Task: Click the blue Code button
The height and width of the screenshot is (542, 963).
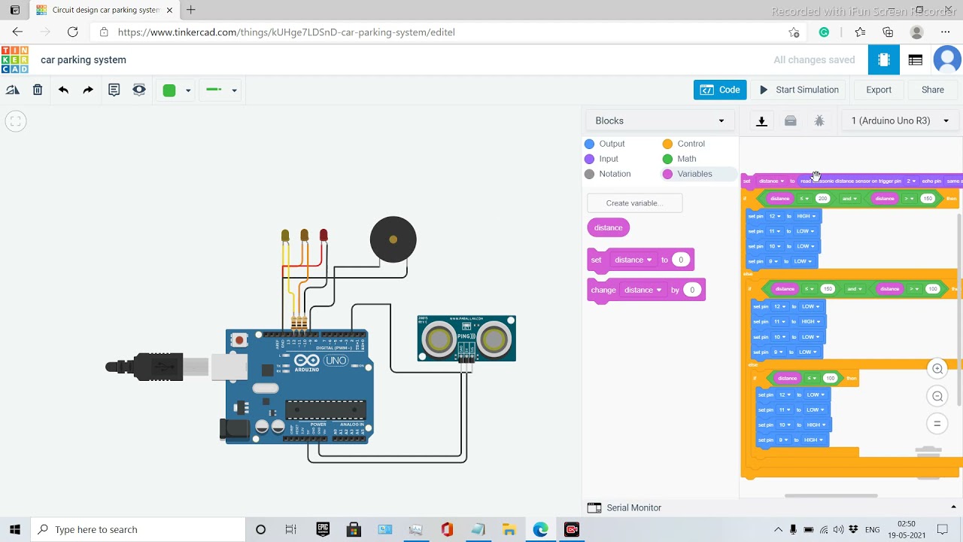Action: [x=720, y=90]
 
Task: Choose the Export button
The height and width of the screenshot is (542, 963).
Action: [x=878, y=90]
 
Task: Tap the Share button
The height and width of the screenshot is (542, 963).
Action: [x=932, y=90]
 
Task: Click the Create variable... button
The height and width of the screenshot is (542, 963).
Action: [x=634, y=203]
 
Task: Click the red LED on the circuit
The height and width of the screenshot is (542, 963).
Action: [x=324, y=236]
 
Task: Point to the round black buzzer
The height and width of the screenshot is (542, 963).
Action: [x=393, y=239]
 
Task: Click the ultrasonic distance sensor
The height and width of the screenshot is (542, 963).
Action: [x=466, y=339]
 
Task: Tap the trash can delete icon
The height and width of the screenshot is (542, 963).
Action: [x=38, y=90]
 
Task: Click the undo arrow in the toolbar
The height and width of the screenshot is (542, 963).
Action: [x=63, y=90]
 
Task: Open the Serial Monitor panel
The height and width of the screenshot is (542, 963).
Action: [x=633, y=508]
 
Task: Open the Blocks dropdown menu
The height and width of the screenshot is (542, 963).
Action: [x=659, y=120]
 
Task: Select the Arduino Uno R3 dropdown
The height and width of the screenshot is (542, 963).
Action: [x=900, y=120]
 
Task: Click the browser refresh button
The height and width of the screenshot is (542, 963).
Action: [x=73, y=32]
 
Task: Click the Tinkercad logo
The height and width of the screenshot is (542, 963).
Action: [x=15, y=60]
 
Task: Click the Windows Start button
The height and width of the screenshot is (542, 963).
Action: [x=14, y=529]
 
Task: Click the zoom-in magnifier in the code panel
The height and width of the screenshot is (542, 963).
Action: [x=937, y=369]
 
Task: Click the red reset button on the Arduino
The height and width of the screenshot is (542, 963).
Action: [x=240, y=340]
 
